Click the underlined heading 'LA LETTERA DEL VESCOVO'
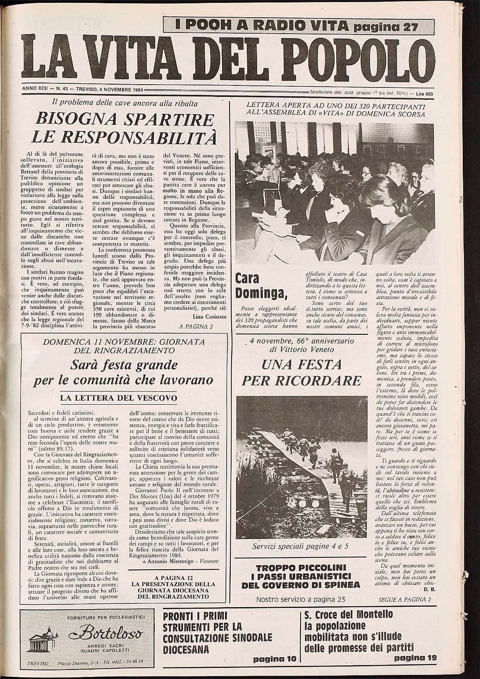(x=119, y=398)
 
